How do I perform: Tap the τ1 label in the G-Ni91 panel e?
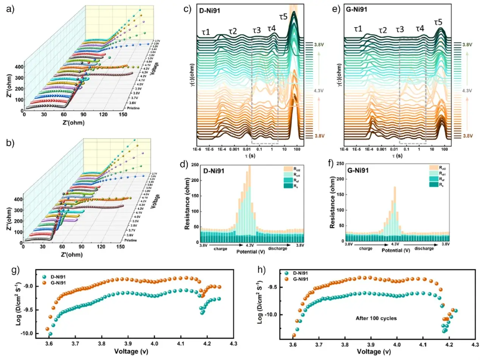coord(358,29)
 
